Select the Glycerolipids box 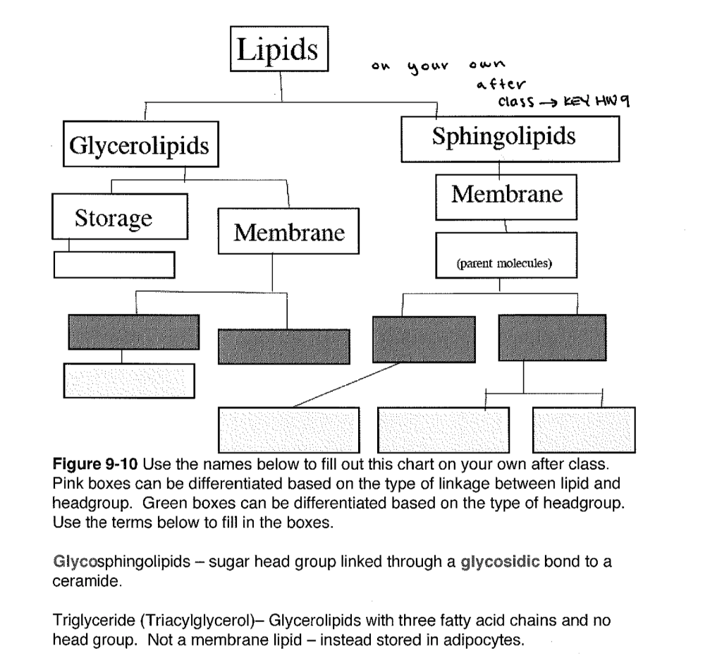coord(140,145)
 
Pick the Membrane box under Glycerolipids coord(289,231)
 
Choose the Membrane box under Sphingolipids coord(506,195)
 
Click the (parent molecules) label coord(504,264)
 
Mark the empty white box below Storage coord(114,264)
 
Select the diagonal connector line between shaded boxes coord(345,385)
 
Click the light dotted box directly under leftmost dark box coord(129,380)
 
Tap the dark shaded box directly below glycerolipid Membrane coord(284,346)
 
